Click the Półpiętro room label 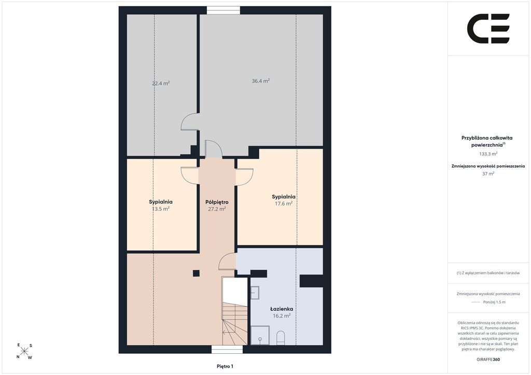click(x=217, y=202)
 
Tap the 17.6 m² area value click(x=284, y=204)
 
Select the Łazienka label click(x=282, y=309)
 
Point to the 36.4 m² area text click(x=261, y=81)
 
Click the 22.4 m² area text click(x=161, y=83)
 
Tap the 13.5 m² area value click(x=161, y=209)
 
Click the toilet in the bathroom click(x=281, y=338)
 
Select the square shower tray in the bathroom click(x=260, y=335)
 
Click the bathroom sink click(x=255, y=293)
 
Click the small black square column click(x=196, y=273)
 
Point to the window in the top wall click(x=223, y=10)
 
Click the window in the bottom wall click(x=228, y=349)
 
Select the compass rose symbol click(x=24, y=351)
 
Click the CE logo click(x=488, y=28)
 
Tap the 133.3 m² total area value click(x=488, y=154)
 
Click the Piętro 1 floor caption click(x=225, y=366)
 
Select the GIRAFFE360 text click(x=488, y=359)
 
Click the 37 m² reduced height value click(x=488, y=174)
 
